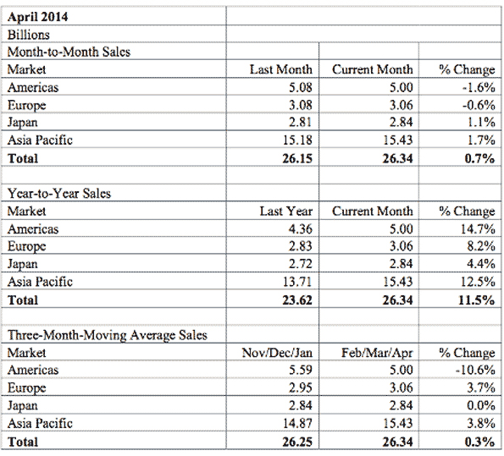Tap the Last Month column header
click(x=281, y=69)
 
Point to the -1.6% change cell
click(x=479, y=87)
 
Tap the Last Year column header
click(x=285, y=211)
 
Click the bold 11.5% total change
click(x=477, y=299)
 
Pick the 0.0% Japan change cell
click(x=480, y=405)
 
